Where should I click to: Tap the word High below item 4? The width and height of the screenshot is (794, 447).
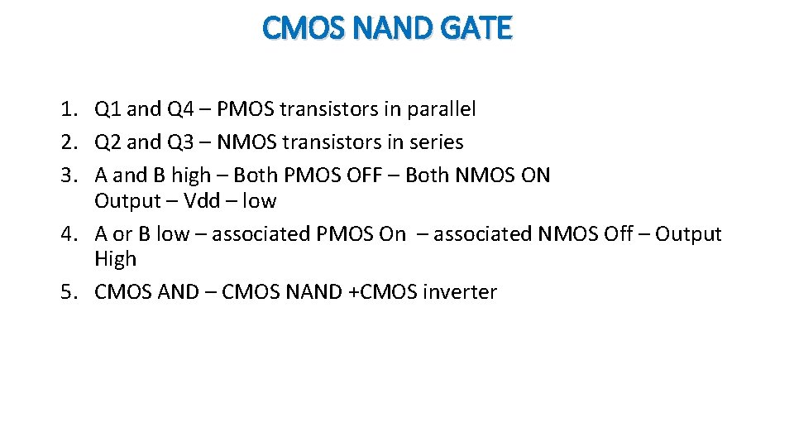[115, 259]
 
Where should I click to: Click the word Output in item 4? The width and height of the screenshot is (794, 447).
[688, 234]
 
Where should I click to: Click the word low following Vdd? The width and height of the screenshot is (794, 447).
[259, 201]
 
